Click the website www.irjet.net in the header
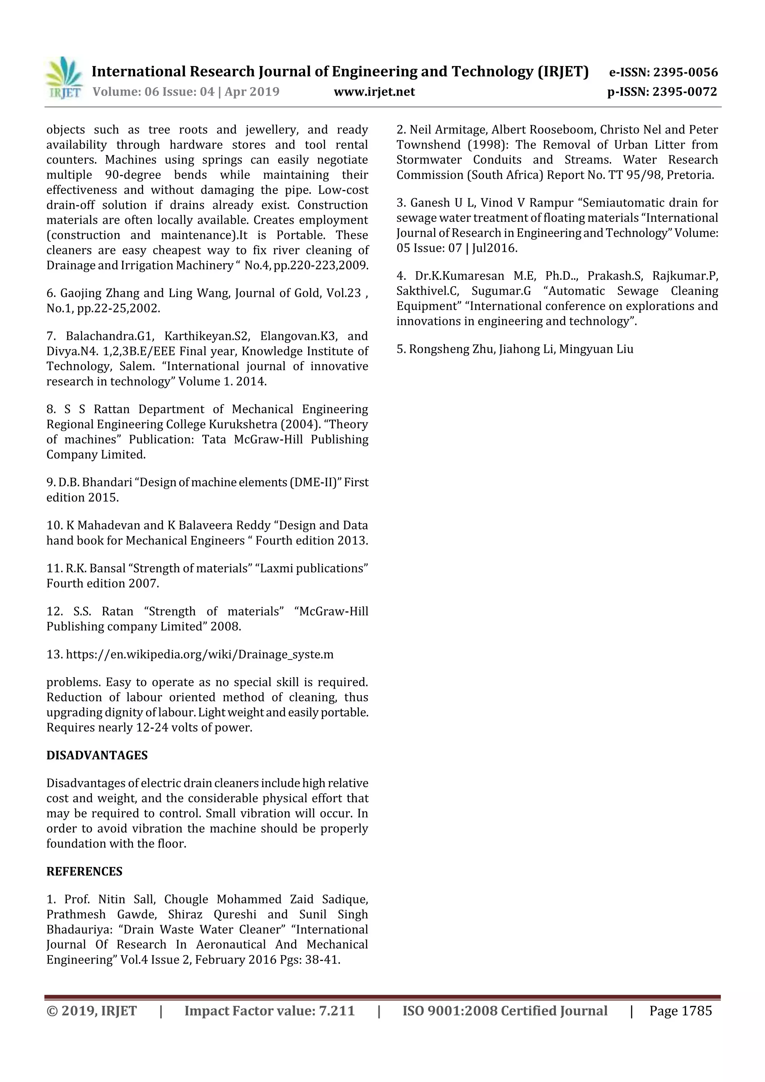point(374,92)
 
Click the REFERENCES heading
point(84,871)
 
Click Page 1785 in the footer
point(680,1010)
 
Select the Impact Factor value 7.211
point(337,1010)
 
